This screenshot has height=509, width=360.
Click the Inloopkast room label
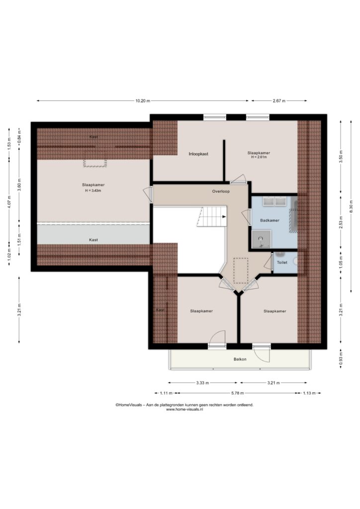tap(198, 154)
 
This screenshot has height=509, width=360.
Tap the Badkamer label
tap(270, 220)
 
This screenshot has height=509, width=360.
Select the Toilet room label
tap(282, 262)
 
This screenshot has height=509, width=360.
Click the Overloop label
tap(221, 191)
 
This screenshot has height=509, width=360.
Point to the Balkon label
tap(240, 359)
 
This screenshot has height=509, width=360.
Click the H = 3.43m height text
tap(93, 190)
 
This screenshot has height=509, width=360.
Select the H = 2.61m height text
tap(259, 157)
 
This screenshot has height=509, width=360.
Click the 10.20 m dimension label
tap(143, 100)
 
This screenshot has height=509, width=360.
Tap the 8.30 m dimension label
tap(351, 206)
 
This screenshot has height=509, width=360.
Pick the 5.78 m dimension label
tap(237, 393)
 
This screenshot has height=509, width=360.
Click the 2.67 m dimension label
tap(279, 100)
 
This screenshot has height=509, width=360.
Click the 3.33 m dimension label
tap(202, 383)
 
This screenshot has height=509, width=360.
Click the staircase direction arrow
tap(224, 217)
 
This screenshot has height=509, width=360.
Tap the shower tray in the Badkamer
tap(262, 239)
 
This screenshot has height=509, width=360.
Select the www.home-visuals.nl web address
tap(184, 410)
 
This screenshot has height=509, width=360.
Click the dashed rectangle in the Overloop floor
tap(241, 270)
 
